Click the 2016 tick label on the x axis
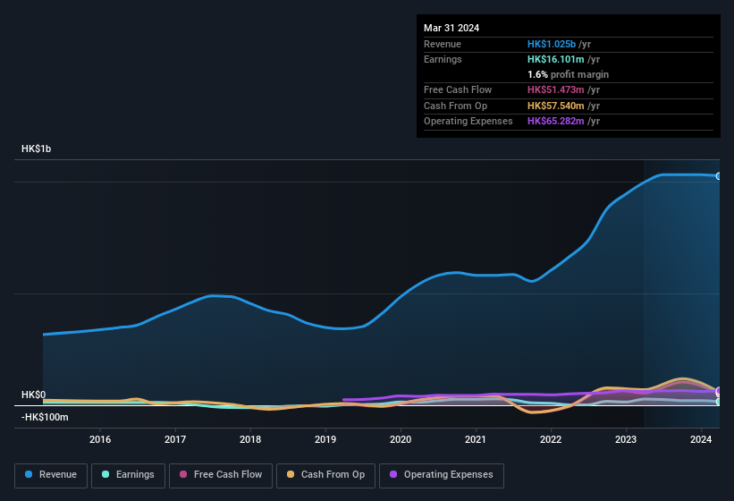click(x=100, y=439)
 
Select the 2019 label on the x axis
click(x=325, y=439)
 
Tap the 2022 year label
click(x=551, y=439)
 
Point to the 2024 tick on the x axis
click(x=701, y=439)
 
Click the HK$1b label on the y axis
click(x=37, y=149)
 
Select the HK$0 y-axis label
click(x=33, y=395)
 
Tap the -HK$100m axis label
click(x=45, y=417)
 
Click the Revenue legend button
click(x=51, y=474)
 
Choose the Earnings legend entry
click(x=127, y=474)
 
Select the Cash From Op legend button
click(x=325, y=474)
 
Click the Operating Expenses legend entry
click(x=442, y=474)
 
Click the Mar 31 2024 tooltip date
click(x=451, y=28)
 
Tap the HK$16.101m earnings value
click(x=555, y=59)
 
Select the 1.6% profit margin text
click(x=568, y=74)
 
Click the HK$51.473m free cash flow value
click(x=555, y=90)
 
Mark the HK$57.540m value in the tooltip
click(x=555, y=106)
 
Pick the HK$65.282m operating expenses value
click(x=555, y=121)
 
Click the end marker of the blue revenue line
click(x=719, y=175)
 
